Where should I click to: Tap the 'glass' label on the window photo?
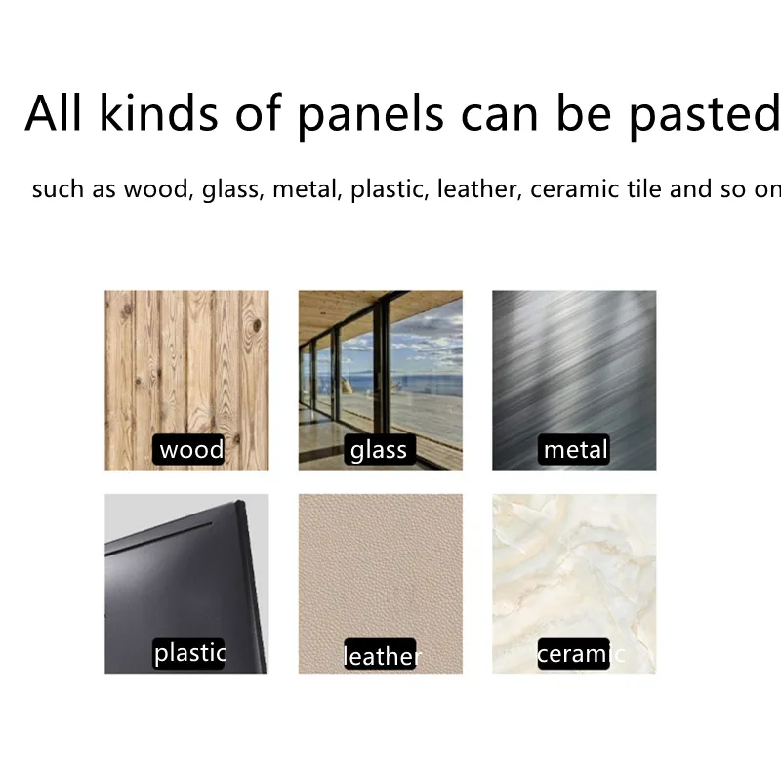[380, 449]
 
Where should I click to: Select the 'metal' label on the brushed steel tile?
[574, 449]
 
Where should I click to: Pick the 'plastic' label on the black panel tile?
[189, 653]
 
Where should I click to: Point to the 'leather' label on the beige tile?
[382, 655]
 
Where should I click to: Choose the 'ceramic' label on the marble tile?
[581, 653]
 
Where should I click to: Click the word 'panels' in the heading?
[370, 115]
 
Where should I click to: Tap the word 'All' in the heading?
[53, 112]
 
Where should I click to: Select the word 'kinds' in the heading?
[159, 112]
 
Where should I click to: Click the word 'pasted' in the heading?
[704, 115]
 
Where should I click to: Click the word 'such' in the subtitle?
[58, 188]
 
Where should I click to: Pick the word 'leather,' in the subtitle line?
[479, 189]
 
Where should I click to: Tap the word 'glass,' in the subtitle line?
[233, 190]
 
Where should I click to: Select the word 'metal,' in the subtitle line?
[308, 189]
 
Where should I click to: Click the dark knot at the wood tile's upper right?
[257, 326]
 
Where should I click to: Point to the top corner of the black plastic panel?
[241, 500]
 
